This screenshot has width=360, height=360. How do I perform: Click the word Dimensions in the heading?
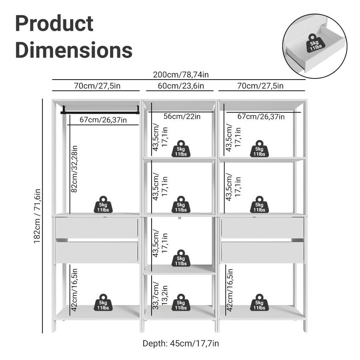[x=74, y=50]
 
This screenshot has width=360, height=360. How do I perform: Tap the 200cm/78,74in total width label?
[x=181, y=75]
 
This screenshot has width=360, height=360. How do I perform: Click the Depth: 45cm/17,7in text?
[x=181, y=343]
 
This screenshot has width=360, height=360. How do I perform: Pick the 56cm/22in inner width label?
[x=182, y=116]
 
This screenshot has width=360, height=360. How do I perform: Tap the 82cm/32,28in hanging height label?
[x=74, y=168]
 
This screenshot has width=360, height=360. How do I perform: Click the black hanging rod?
[x=100, y=109]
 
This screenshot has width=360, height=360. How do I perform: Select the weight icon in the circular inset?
[x=314, y=43]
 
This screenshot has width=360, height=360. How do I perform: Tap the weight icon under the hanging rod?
[x=103, y=204]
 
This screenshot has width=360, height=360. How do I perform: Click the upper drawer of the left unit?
[x=96, y=228]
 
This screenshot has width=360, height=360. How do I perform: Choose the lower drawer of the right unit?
[x=262, y=252]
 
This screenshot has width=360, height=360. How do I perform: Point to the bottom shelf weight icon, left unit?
[x=103, y=302]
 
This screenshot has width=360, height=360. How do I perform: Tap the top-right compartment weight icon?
[x=259, y=149]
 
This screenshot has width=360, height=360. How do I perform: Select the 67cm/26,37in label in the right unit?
[x=261, y=116]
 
